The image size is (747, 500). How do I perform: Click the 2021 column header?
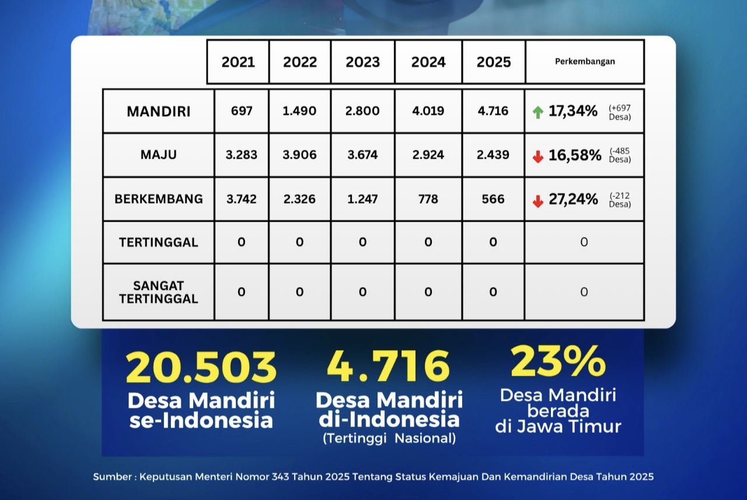[238, 62]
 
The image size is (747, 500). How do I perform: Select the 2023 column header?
[362, 62]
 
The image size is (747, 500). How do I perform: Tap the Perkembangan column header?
[585, 61]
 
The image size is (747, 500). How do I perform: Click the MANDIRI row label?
[159, 111]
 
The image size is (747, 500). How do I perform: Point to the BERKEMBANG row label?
[159, 199]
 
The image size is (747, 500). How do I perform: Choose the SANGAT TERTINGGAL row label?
[159, 292]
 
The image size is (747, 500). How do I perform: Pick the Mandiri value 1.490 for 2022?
[299, 111]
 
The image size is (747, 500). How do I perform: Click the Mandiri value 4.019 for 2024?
[428, 111]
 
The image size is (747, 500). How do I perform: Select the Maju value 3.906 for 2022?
[299, 155]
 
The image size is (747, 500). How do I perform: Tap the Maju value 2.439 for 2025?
[493, 155]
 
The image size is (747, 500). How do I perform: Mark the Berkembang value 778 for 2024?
[428, 200]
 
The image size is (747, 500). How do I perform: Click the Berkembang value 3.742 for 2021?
[242, 200]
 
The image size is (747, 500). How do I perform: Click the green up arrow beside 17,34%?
[538, 112]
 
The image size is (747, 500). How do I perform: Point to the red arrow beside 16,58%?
[538, 156]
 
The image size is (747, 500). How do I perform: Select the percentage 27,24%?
[573, 200]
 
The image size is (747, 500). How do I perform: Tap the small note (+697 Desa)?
[620, 111]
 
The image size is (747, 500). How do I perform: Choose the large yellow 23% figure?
[558, 361]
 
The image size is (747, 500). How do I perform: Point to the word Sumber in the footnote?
[112, 477]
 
